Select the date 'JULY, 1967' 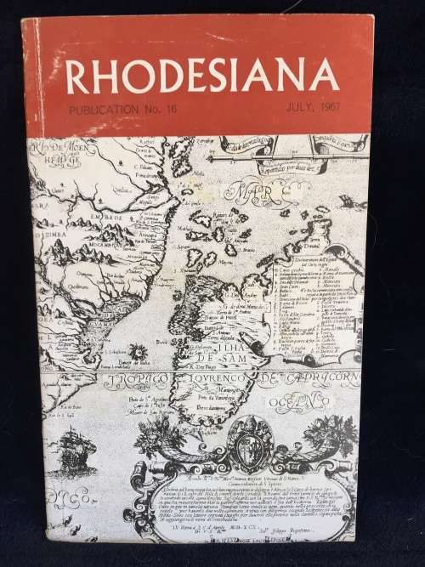pyautogui.click(x=293, y=110)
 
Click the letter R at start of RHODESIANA pyautogui.click(x=78, y=79)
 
